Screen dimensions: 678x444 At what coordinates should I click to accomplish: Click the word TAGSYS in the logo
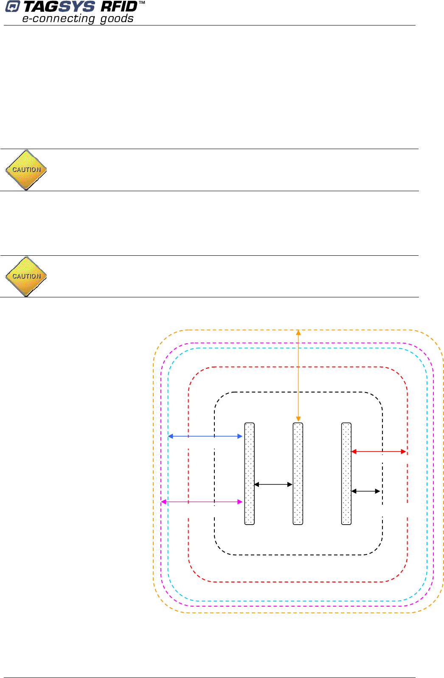[x=59, y=7]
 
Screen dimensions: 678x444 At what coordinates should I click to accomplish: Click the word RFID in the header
[x=119, y=7]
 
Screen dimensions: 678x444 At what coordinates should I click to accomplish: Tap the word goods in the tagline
[x=117, y=19]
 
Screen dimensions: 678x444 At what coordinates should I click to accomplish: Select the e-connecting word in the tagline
[x=59, y=19]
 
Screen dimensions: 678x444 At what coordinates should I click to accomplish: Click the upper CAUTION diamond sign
[x=26, y=170]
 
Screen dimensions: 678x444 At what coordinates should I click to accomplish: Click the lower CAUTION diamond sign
[x=26, y=277]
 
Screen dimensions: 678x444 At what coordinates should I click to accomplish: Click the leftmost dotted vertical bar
[x=250, y=474]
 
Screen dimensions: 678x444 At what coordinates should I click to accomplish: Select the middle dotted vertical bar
[x=298, y=474]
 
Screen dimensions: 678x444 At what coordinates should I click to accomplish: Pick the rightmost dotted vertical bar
[x=346, y=474]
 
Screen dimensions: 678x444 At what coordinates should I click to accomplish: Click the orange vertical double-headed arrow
[x=298, y=376]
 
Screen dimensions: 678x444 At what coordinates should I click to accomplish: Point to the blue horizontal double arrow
[x=205, y=436]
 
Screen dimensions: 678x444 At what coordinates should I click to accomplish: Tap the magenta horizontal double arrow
[x=202, y=502]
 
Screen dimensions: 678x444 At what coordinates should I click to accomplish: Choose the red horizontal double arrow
[x=379, y=452]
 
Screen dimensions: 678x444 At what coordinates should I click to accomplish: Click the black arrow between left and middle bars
[x=273, y=484]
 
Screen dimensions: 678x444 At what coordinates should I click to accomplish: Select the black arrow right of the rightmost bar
[x=365, y=491]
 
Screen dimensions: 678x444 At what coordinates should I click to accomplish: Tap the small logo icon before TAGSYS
[x=12, y=7]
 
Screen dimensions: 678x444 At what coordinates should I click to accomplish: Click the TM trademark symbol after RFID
[x=142, y=3]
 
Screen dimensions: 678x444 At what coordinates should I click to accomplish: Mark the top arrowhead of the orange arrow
[x=298, y=333]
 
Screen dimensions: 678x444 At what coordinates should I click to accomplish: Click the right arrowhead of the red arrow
[x=404, y=452]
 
